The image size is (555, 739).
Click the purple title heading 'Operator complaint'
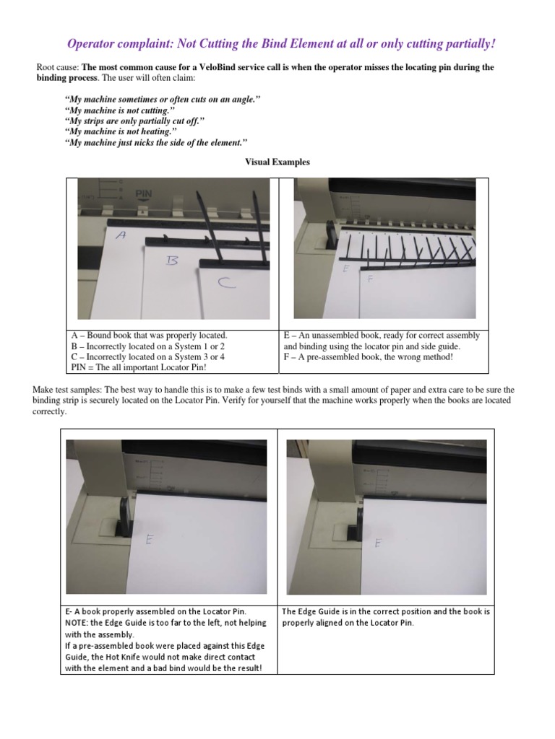point(281,44)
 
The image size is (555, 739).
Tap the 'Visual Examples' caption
point(278,162)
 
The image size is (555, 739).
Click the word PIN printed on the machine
point(143,194)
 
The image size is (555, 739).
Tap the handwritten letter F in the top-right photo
point(370,278)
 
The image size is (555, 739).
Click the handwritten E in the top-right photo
point(346,268)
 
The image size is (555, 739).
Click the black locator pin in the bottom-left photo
point(126,512)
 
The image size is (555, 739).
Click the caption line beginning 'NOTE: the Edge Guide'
point(165,622)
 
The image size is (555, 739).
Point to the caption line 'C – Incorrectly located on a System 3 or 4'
point(145,356)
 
